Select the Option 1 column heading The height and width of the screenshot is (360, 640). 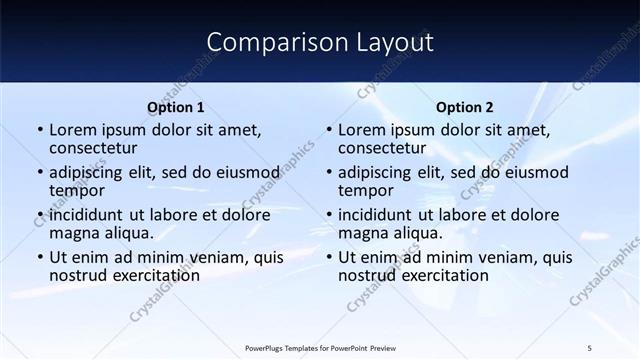coord(175,107)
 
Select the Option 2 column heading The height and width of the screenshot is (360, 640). coord(465,107)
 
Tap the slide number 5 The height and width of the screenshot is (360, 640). coord(589,347)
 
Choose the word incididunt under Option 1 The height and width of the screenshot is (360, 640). coord(88,215)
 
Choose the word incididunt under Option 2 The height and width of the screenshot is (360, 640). coord(377,215)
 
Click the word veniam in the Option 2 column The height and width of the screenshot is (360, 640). coord(497,257)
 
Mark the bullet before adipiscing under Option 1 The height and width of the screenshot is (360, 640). coord(40,173)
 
